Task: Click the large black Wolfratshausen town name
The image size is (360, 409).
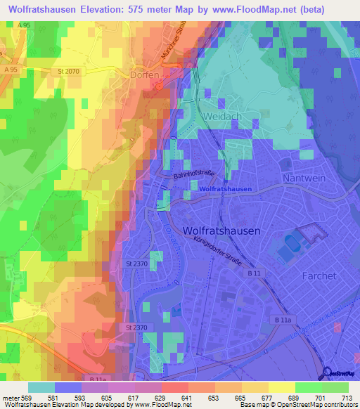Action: click(x=221, y=231)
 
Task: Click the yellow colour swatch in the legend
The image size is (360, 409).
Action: click(x=281, y=387)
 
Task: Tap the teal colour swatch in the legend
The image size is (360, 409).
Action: click(x=41, y=387)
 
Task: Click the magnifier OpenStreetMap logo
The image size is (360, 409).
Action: click(x=327, y=373)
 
